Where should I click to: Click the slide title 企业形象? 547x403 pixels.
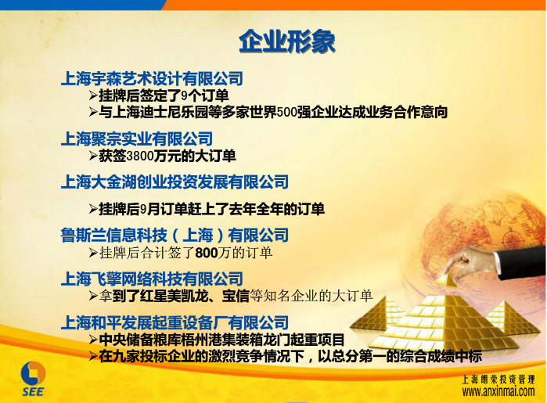pos(286,41)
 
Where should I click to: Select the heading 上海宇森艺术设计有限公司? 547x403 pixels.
pos(152,78)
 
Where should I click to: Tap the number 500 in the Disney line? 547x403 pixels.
pos(286,113)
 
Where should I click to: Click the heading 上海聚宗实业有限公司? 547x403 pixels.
pos(137,139)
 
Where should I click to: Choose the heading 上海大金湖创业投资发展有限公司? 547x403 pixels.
pos(175,182)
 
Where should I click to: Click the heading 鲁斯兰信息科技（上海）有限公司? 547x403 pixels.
pos(175,236)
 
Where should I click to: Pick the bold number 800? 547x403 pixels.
pos(206,253)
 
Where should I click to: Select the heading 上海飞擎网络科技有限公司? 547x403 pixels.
pos(152,279)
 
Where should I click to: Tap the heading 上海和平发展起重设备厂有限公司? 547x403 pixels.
pos(175,322)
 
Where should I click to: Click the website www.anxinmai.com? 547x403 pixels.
pos(498,391)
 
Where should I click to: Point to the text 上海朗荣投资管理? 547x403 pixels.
pos(498,380)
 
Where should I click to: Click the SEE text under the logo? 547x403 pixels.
pos(34,392)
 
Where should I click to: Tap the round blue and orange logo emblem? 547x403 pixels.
pos(34,373)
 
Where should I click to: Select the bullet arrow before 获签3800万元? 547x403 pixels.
pos(93,156)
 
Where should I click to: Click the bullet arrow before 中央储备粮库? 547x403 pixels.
pos(93,339)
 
